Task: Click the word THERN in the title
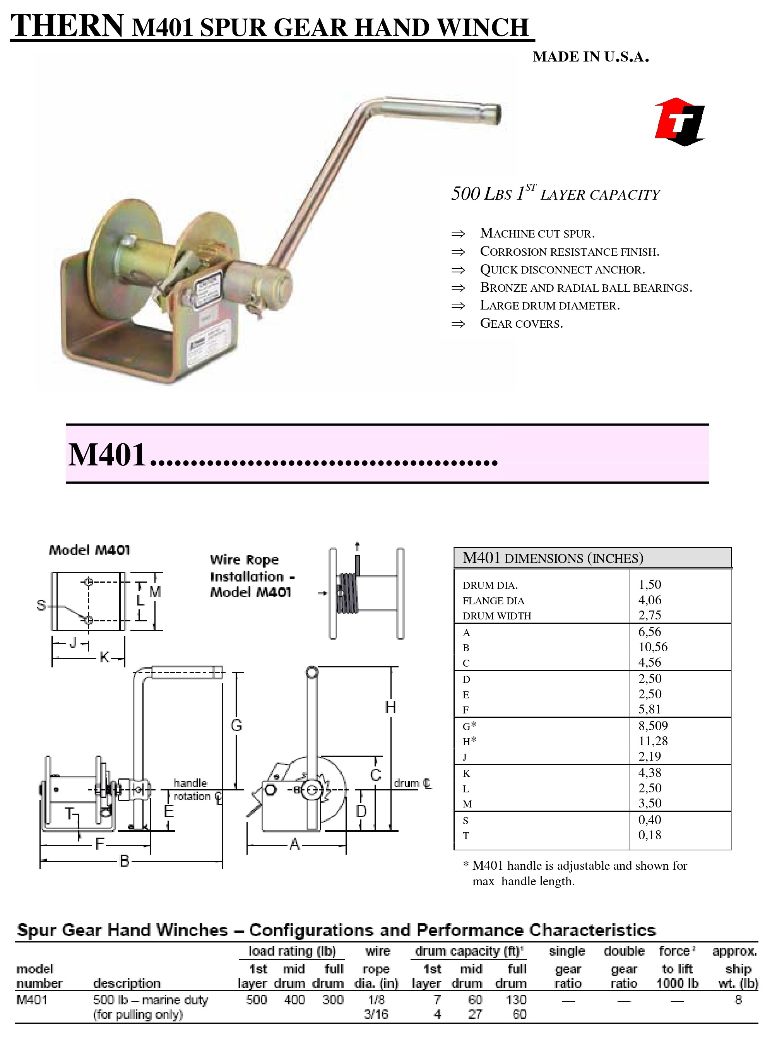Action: tap(67, 26)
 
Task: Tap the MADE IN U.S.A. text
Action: tap(591, 57)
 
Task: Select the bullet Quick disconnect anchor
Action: tap(562, 269)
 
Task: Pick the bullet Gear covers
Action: tap(521, 323)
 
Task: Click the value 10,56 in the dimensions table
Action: tap(652, 647)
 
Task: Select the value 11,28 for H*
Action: tap(653, 741)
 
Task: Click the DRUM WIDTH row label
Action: tap(497, 616)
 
